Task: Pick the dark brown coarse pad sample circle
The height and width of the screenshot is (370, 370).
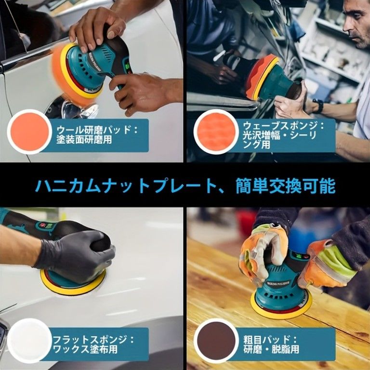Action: click(x=216, y=341)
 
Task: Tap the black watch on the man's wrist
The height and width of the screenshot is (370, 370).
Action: click(x=317, y=106)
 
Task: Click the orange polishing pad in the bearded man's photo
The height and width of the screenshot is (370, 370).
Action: click(x=260, y=77)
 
